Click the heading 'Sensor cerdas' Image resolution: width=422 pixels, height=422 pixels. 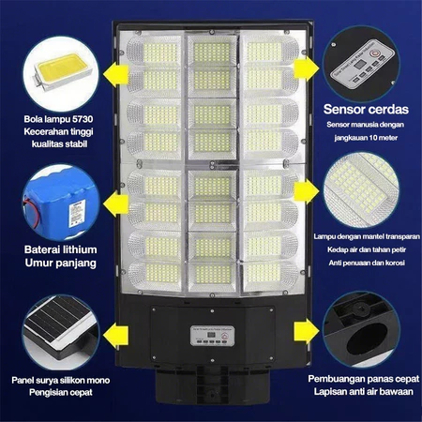coord(366,110)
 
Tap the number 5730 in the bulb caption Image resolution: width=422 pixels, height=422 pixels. coord(83,119)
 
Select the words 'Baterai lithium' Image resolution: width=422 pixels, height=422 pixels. coord(61,249)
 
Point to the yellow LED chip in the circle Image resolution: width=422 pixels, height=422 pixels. coord(63,72)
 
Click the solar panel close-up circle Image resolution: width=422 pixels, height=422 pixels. coord(61,332)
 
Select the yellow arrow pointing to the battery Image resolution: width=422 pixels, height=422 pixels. coord(116,204)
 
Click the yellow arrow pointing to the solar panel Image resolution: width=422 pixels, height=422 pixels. coord(116,334)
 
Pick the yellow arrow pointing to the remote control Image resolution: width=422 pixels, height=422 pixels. coord(307,68)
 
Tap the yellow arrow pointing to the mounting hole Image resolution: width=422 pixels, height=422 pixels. coord(307,331)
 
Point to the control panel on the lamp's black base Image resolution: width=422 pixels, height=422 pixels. coord(213,336)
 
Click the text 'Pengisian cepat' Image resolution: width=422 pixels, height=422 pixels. coord(61,392)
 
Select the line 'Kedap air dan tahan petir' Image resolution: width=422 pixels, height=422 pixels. coord(367,249)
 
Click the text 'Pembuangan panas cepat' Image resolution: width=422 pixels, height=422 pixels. coord(364,379)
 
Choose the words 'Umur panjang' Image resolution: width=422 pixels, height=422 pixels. coord(61,263)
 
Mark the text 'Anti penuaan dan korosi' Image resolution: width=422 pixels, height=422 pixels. coord(367,263)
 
